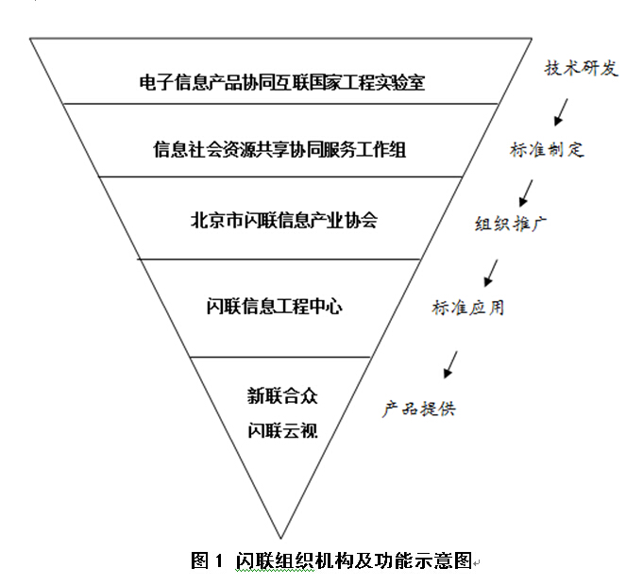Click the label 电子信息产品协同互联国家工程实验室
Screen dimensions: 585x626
pos(281,81)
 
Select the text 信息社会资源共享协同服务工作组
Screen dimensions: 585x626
pos(281,149)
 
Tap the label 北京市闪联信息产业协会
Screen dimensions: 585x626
pos(283,220)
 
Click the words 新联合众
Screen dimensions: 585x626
pos(276,394)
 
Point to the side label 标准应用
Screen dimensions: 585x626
pos(467,308)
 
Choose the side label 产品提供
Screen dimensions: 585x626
pos(420,409)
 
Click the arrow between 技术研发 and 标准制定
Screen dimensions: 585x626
pos(561,112)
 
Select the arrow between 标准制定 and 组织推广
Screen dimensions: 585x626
pos(522,191)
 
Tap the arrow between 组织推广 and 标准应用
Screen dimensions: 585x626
pos(489,271)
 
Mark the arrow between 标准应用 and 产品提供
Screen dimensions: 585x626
pos(450,363)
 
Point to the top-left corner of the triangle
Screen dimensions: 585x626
pos(30,39)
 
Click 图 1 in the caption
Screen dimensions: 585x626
pos(205,560)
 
